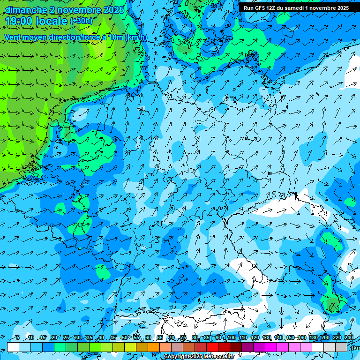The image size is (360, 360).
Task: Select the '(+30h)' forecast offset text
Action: coord(81,21)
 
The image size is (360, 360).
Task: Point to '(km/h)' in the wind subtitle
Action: coord(136,37)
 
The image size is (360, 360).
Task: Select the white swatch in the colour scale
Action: coord(13,347)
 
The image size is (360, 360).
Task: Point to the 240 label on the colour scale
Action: coord(349,337)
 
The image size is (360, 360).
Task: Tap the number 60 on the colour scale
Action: coord(148,337)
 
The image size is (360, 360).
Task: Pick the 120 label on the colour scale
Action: coord(255,337)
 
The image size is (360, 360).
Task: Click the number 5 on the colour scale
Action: coord(18,337)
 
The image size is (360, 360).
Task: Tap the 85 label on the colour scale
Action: coord(207,337)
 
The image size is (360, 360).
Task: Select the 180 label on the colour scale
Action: coord(314,337)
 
